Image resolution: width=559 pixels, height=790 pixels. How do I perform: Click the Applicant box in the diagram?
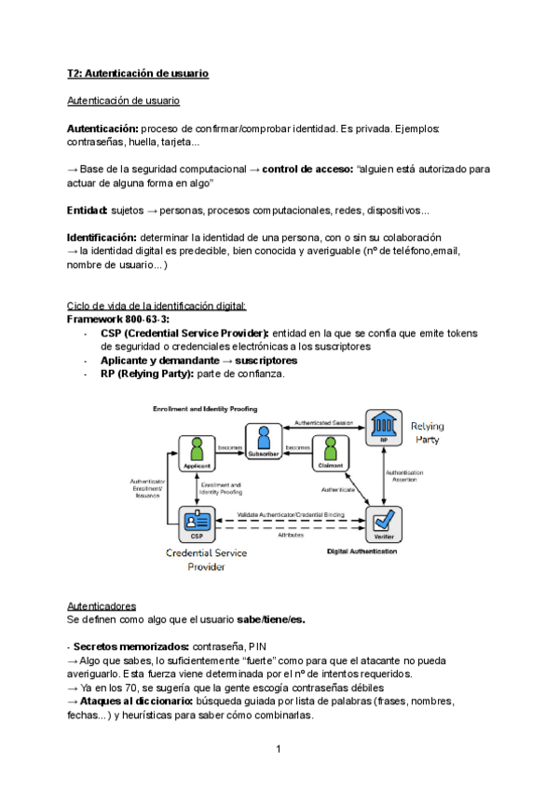197,450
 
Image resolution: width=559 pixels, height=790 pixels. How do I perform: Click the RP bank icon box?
382,428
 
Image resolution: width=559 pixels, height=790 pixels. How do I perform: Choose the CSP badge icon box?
197,524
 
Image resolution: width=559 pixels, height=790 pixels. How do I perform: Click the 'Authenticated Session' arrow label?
322,421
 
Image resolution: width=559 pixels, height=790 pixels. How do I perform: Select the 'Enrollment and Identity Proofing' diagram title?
205,409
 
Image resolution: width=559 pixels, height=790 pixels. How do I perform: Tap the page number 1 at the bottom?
279,748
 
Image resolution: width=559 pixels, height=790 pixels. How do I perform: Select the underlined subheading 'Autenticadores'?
102,606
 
